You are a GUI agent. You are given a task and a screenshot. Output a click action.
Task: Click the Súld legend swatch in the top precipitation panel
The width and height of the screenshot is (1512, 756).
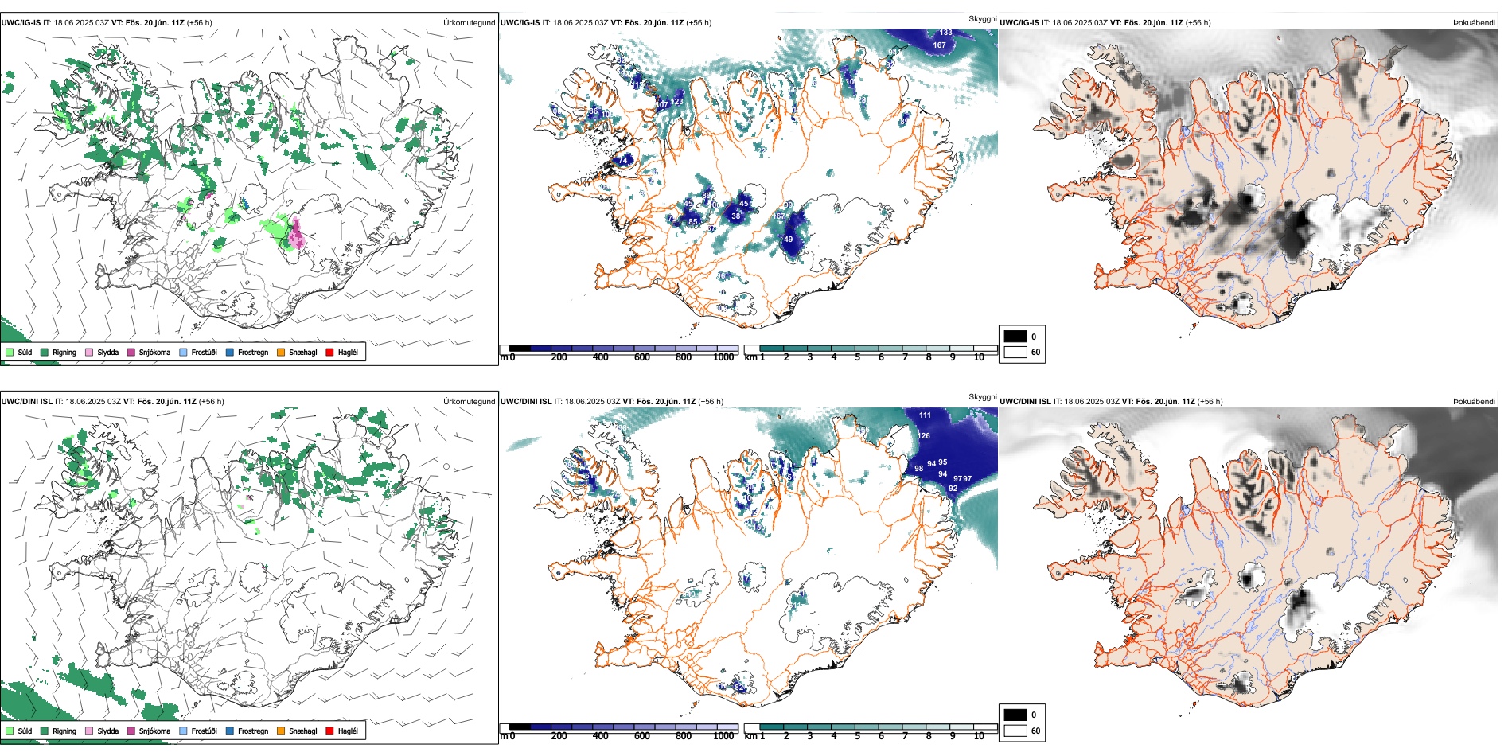coord(10,352)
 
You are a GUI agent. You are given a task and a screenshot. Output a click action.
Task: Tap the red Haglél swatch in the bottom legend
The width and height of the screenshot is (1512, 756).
coord(329,731)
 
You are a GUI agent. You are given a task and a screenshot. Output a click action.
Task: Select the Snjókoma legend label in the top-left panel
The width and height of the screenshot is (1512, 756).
coord(154,352)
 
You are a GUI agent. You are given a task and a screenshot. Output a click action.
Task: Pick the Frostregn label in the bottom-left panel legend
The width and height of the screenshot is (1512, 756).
coord(253,731)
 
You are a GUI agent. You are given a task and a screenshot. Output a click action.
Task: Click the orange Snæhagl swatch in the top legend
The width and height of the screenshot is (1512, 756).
coord(281,352)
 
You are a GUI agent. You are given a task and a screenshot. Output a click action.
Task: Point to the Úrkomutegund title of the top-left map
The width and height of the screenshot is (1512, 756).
coord(469,23)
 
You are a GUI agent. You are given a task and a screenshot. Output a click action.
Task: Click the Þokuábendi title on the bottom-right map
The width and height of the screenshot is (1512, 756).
coord(1474,402)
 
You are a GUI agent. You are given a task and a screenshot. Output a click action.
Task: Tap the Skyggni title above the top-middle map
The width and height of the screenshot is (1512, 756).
coord(982,18)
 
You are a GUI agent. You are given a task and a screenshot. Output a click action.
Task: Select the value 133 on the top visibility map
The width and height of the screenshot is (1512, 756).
coord(945,33)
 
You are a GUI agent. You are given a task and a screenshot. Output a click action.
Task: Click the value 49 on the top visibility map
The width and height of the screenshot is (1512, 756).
coord(788,240)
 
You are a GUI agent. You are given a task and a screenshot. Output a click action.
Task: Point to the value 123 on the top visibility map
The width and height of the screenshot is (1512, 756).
coord(677,102)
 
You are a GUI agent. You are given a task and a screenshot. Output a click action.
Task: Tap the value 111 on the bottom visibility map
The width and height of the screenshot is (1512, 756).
coord(925,415)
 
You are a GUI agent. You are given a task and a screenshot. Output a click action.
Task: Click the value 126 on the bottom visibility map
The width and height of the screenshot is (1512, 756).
coord(924,436)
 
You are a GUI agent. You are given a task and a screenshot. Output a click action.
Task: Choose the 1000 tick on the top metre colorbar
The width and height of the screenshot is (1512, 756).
coord(723,357)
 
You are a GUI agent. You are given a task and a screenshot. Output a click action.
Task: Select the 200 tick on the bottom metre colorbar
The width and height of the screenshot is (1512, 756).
coord(559,736)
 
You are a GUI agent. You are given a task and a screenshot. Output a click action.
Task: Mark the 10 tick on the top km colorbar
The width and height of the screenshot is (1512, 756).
coord(979,357)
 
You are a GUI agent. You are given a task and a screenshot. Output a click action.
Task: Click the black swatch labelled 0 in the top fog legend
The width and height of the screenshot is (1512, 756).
coord(1015,337)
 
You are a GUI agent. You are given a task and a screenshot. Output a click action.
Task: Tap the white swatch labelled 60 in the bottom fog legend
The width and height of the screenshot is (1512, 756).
coord(1015,731)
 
